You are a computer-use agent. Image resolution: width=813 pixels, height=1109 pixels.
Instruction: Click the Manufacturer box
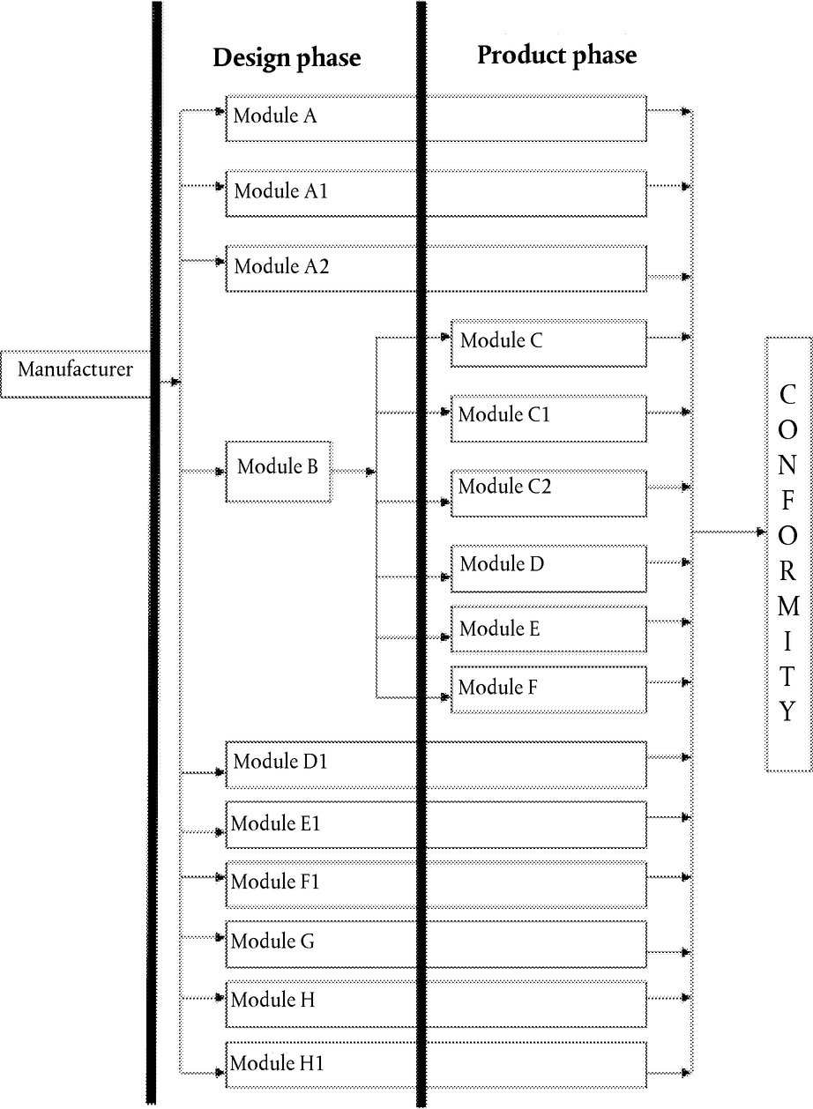pyautogui.click(x=75, y=375)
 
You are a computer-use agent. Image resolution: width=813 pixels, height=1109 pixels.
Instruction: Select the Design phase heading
pyautogui.click(x=287, y=58)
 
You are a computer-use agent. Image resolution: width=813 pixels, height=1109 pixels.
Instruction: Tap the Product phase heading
pyautogui.click(x=556, y=56)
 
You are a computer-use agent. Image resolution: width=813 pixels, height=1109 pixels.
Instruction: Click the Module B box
pyautogui.click(x=279, y=472)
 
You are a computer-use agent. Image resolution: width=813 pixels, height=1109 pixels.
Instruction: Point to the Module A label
pyautogui.click(x=275, y=115)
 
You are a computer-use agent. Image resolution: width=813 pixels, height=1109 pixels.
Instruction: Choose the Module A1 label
pyautogui.click(x=280, y=191)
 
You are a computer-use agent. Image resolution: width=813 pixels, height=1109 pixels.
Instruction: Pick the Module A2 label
pyautogui.click(x=281, y=266)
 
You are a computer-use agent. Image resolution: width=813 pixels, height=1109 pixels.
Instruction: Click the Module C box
pyautogui.click(x=548, y=344)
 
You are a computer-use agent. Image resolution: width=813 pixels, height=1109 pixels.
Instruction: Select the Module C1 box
pyautogui.click(x=548, y=419)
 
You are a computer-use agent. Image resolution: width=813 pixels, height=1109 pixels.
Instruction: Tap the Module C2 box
pyautogui.click(x=548, y=494)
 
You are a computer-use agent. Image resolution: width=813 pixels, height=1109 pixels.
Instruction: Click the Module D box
pyautogui.click(x=548, y=569)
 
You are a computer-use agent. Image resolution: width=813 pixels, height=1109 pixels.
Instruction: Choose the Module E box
pyautogui.click(x=548, y=629)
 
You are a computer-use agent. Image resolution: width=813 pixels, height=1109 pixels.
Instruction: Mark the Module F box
pyautogui.click(x=548, y=689)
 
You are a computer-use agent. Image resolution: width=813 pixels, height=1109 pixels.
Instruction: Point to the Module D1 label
pyautogui.click(x=280, y=762)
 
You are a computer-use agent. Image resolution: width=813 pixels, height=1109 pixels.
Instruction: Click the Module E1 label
pyautogui.click(x=275, y=823)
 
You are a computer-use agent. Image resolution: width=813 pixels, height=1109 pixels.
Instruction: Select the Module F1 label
pyautogui.click(x=275, y=882)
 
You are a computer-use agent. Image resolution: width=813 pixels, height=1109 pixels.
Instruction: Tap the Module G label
pyautogui.click(x=272, y=941)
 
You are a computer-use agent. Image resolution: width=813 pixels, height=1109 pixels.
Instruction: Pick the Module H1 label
pyautogui.click(x=277, y=1063)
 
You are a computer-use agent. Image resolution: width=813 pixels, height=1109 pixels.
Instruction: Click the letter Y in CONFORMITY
pyautogui.click(x=787, y=711)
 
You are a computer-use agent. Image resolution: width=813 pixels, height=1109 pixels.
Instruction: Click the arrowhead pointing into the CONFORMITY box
pyautogui.click(x=762, y=532)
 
